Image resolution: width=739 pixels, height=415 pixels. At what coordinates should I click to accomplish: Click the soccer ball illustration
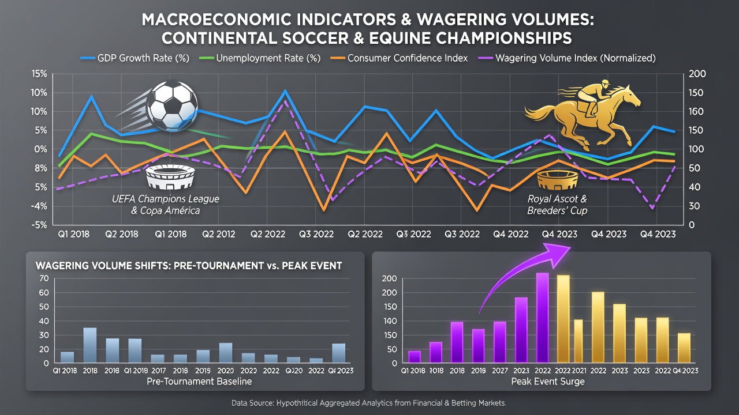point(172,106)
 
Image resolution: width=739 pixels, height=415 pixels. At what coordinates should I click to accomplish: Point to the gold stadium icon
point(558,180)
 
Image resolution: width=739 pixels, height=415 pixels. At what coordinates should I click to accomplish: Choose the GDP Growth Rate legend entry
point(135,58)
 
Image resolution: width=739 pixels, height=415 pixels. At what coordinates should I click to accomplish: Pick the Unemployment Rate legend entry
point(260,58)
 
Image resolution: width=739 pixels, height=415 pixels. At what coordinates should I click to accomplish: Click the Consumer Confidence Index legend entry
point(399,58)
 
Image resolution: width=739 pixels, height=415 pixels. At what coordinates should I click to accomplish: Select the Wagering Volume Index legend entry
point(567,58)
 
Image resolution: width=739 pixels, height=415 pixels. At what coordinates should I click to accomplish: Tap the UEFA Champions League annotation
point(165,205)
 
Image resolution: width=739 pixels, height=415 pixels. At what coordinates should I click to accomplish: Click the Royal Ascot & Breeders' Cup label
point(557,205)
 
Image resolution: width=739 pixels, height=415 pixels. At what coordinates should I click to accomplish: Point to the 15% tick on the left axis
point(39,74)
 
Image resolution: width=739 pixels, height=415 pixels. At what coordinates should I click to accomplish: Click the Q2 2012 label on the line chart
point(218,234)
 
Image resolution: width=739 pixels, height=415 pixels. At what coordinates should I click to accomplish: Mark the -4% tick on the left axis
point(39,206)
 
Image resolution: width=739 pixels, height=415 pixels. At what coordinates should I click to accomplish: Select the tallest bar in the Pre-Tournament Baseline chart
point(89,345)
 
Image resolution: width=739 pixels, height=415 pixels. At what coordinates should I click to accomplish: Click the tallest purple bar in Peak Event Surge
point(542,318)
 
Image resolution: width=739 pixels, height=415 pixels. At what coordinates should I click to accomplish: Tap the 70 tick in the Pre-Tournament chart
point(44,278)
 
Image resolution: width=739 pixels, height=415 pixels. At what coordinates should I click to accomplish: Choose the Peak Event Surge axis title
point(548,382)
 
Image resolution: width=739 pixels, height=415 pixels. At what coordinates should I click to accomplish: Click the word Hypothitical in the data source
point(299,403)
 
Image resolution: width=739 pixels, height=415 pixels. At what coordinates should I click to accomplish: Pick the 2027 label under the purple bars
point(500,371)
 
